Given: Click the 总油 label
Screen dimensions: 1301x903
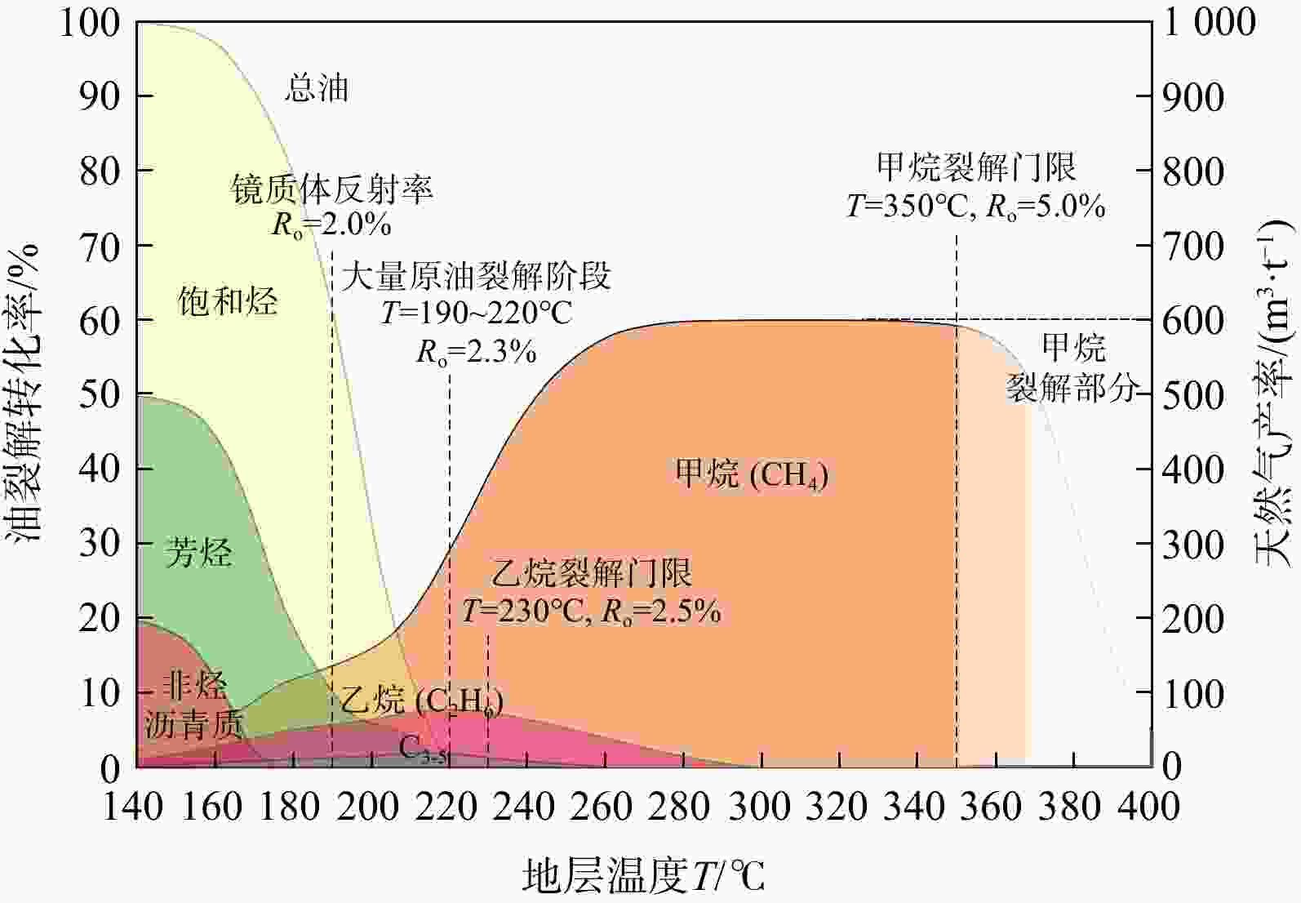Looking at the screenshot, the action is pos(317,89).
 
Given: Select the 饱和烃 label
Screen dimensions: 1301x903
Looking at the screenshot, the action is pos(227,301).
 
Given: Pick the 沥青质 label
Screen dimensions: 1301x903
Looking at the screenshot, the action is pos(193,725).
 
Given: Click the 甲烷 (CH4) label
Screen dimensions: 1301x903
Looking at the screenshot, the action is pos(751,474).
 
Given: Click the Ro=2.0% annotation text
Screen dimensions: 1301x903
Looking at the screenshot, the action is pos(331,225).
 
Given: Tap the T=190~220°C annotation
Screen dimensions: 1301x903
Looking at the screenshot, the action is pos(477,313).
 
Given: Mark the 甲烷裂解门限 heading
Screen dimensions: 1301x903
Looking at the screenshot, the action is pos(976,167).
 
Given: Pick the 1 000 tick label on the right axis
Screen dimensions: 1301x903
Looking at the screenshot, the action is pos(1210,23).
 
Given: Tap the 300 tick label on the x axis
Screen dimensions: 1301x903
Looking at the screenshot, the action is pos(760,807).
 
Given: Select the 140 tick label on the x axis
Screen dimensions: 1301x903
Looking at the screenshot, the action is pos(132,807).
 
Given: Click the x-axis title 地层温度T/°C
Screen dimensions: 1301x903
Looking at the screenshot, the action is pos(643,876).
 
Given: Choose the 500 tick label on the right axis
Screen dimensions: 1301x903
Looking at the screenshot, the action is pos(1193,395).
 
